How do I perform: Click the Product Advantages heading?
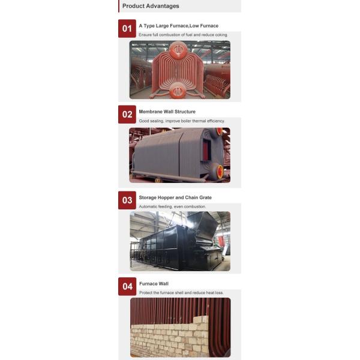151,6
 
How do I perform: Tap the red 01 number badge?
127,28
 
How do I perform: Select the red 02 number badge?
127,115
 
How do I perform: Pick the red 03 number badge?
127,200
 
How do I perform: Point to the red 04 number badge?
127,286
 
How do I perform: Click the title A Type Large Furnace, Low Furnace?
178,26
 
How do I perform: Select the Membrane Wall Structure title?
167,112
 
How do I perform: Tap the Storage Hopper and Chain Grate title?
175,197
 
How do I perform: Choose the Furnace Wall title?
154,284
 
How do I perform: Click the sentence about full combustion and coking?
183,35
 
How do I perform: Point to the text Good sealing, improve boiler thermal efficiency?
182,121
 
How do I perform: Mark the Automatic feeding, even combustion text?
172,206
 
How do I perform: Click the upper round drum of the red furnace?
178,50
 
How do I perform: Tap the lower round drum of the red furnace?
178,91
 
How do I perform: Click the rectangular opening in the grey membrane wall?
206,149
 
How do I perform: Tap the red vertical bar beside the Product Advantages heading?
119,6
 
